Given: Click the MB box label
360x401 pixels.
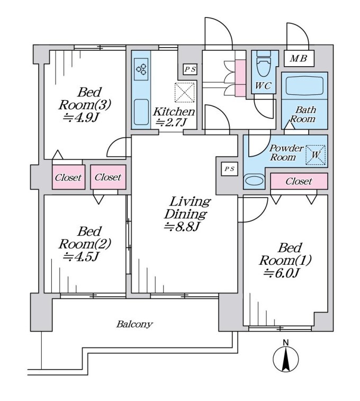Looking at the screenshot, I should coord(299,58).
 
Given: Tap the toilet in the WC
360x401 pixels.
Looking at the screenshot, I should coord(262,66).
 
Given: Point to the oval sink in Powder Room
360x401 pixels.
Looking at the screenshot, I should coord(254,181).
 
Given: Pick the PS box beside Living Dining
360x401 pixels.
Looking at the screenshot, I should coord(229,169).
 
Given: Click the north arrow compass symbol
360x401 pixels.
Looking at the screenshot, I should coord(285,361).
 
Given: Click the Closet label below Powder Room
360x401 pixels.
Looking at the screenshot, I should coord(299,181).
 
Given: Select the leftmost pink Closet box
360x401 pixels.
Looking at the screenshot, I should coord(68,178).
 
